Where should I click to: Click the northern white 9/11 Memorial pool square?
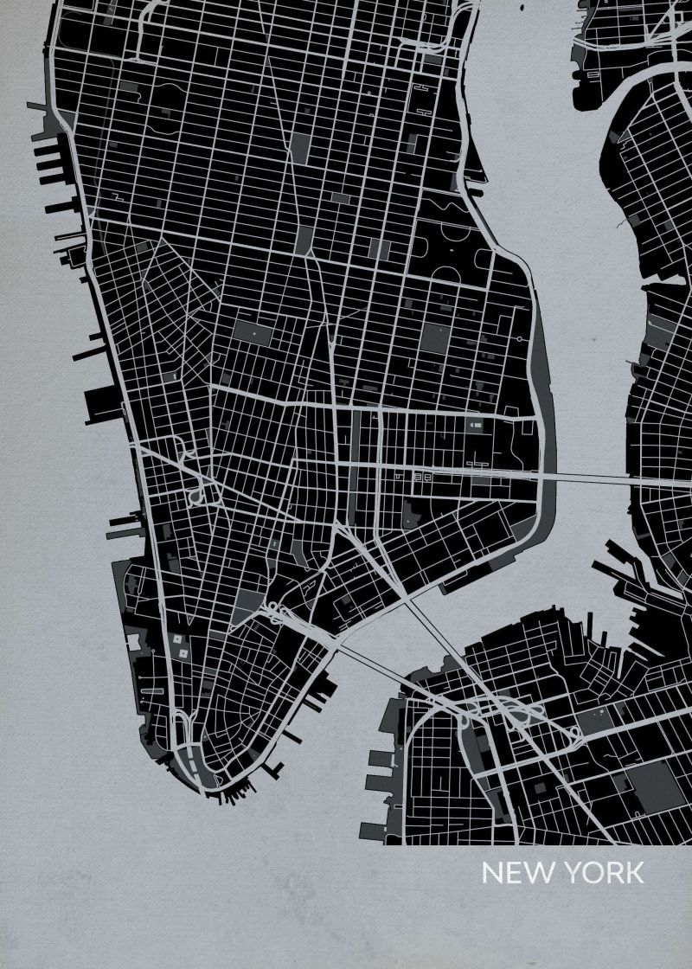(x=179, y=639)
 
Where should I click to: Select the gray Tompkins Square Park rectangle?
(x=432, y=337)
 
